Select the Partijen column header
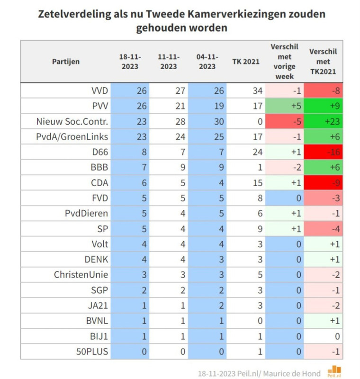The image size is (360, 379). coord(66,62)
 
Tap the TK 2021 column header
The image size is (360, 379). coord(246,62)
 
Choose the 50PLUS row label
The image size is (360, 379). coord(92,352)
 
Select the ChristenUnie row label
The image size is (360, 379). coord(81,275)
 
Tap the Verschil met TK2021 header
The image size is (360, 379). coord(324,62)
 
